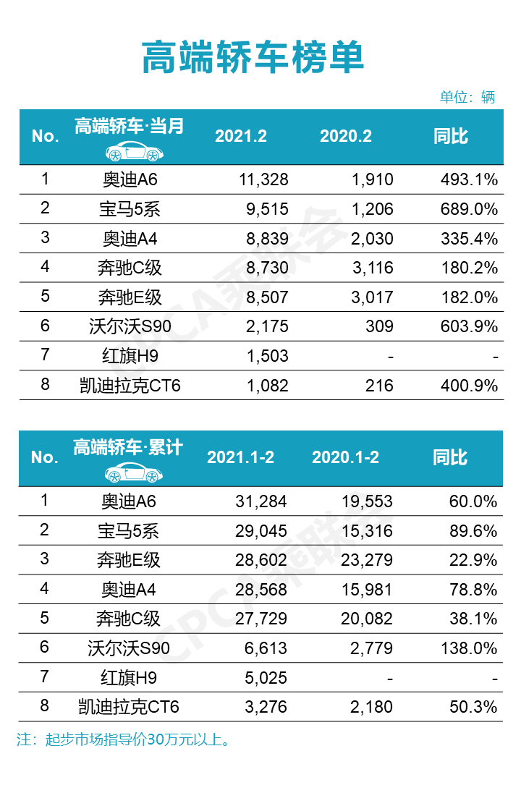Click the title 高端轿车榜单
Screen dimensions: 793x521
(x=253, y=58)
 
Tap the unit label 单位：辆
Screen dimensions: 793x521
(x=467, y=98)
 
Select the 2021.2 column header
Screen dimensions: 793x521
(x=241, y=136)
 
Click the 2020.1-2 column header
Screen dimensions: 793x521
(x=345, y=457)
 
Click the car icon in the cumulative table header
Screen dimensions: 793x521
(x=135, y=474)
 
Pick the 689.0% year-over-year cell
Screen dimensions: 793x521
(x=470, y=209)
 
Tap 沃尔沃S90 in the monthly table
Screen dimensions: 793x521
(x=130, y=326)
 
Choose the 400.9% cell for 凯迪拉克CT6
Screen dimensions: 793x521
(x=470, y=386)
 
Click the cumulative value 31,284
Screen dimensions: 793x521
(x=263, y=501)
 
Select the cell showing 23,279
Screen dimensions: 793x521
(x=368, y=560)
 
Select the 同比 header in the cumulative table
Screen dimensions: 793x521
(x=450, y=457)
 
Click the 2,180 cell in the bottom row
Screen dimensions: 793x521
(x=372, y=707)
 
